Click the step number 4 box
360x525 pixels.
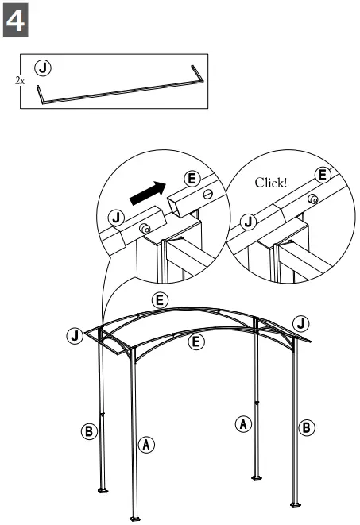click(17, 21)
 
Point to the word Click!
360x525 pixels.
click(270, 183)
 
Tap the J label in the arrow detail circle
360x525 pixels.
click(116, 216)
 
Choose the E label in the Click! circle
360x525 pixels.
click(322, 175)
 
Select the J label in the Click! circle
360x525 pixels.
click(249, 221)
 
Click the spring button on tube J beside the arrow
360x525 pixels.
click(146, 229)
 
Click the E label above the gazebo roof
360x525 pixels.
click(160, 299)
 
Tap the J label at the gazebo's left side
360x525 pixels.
click(74, 335)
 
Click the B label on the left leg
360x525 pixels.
click(89, 432)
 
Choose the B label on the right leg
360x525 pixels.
click(306, 427)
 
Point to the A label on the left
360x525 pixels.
click(146, 444)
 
